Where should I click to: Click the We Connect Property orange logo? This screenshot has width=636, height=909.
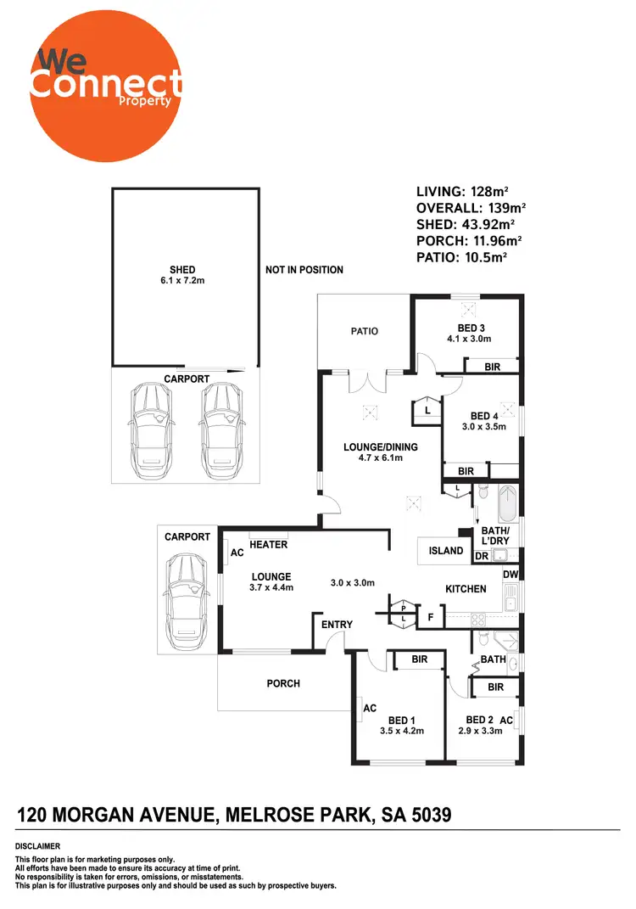click(x=105, y=89)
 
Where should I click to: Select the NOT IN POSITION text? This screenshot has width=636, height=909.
click(x=304, y=270)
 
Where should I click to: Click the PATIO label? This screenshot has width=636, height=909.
click(x=365, y=331)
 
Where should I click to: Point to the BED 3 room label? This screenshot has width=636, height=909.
click(x=471, y=334)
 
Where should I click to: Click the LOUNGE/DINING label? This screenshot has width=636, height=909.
click(x=380, y=452)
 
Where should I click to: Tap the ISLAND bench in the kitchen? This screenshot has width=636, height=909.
click(x=446, y=551)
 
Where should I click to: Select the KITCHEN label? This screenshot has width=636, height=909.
click(x=466, y=589)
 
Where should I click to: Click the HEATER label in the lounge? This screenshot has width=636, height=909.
click(x=265, y=546)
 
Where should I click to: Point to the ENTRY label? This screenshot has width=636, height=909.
click(x=337, y=625)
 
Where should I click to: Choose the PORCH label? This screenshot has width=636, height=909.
click(x=283, y=683)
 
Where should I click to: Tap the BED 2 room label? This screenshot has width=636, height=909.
click(x=481, y=725)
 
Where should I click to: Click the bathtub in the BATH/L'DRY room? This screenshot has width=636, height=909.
click(x=508, y=502)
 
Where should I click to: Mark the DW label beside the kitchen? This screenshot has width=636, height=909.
click(x=510, y=575)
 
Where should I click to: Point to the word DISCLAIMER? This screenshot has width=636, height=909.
click(x=37, y=846)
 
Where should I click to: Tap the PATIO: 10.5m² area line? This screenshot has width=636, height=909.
click(x=462, y=256)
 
